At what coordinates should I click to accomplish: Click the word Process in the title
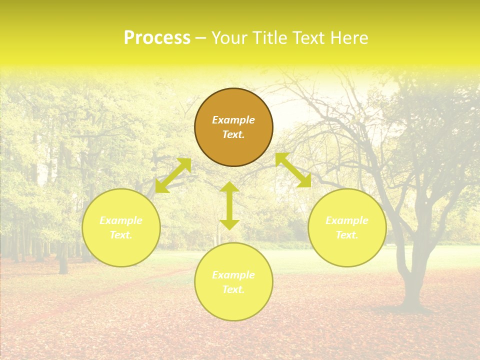(157, 38)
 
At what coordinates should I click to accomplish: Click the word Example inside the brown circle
(233, 120)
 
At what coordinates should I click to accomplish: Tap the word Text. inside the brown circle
(233, 134)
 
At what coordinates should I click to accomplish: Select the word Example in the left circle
(121, 220)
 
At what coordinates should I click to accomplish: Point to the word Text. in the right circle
(347, 235)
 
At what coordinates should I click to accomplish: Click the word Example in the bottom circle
(233, 275)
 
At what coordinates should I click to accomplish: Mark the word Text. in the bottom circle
(233, 289)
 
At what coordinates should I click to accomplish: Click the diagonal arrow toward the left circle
(173, 175)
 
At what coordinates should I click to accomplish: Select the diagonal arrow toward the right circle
(293, 170)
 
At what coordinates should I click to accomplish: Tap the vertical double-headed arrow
(229, 205)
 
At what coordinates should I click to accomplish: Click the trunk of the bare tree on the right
(413, 280)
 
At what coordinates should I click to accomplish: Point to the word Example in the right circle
(347, 220)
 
